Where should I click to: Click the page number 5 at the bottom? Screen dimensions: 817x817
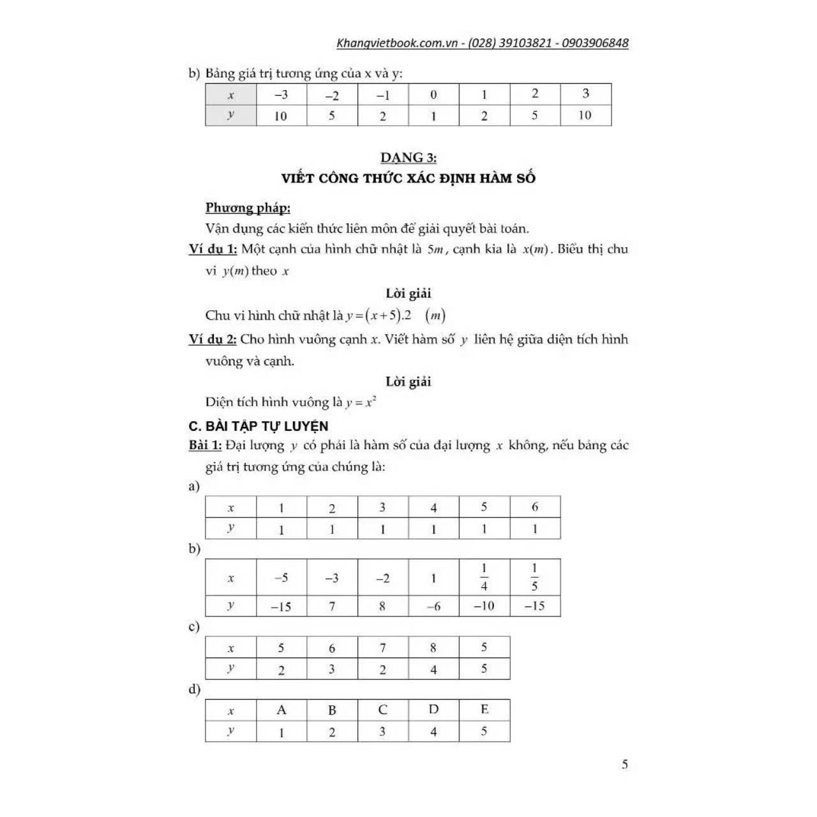[x=625, y=764]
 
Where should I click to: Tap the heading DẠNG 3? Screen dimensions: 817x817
[x=408, y=158]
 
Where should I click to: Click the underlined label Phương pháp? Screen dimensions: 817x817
[x=248, y=207]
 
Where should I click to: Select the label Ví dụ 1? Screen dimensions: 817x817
[x=213, y=249]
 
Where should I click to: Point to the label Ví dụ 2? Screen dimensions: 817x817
[x=213, y=339]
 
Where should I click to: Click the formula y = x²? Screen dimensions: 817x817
[x=361, y=402]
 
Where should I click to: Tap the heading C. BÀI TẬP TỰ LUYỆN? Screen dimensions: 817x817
[x=259, y=426]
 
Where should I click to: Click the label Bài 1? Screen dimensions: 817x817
[x=205, y=445]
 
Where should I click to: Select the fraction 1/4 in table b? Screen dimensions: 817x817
[x=484, y=577]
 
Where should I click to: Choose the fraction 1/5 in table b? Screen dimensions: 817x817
[x=535, y=577]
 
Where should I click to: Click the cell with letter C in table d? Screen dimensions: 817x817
[x=382, y=710]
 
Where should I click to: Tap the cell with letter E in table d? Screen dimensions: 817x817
[x=484, y=710]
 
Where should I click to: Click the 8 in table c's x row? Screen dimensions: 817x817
[x=433, y=648]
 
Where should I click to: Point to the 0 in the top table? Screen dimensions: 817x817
[x=433, y=95]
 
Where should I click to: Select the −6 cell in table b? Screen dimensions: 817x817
[x=433, y=606]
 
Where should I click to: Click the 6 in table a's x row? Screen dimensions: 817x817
[x=535, y=507]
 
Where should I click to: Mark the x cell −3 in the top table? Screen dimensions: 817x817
[x=281, y=95]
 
